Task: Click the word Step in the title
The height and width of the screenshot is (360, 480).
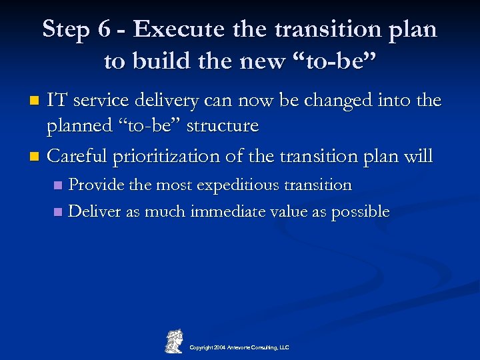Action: (67, 29)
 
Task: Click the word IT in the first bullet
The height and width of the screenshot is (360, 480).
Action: (57, 101)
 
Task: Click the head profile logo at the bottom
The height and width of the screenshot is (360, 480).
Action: (173, 339)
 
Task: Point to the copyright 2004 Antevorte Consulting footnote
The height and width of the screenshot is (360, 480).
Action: (239, 347)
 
